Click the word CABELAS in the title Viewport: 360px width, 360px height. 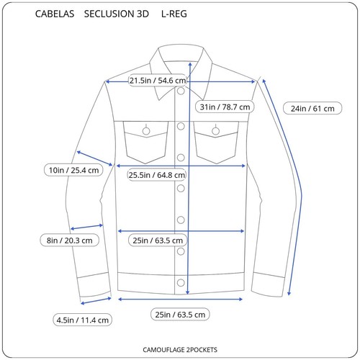coord(55,14)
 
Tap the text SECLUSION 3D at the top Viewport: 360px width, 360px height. coord(117,14)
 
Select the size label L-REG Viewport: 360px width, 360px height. coord(174,14)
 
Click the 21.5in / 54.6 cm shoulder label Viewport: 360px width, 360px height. coord(158,81)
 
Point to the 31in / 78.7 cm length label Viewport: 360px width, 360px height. coord(225,107)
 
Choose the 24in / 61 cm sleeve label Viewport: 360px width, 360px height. coord(312,108)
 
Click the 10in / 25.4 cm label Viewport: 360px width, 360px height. coord(73,170)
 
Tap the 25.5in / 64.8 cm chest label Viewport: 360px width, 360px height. coord(157,175)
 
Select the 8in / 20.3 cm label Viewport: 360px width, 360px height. coord(69,240)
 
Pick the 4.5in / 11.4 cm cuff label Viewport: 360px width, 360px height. coord(83,320)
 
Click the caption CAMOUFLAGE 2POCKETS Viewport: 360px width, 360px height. coord(180,350)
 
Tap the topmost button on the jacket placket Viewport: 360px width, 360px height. coord(181,91)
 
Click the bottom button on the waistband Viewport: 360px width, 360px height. coord(181,283)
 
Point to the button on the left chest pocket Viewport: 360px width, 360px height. coord(146,131)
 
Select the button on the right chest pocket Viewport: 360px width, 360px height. coord(215,131)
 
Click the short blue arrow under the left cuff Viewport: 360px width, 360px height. coord(96,301)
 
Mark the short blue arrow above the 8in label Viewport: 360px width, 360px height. coord(86,227)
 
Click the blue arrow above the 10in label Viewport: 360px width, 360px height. coord(94,158)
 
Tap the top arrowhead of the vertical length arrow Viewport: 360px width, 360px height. coord(190,64)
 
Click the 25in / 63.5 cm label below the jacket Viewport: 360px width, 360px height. coord(180,315)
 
